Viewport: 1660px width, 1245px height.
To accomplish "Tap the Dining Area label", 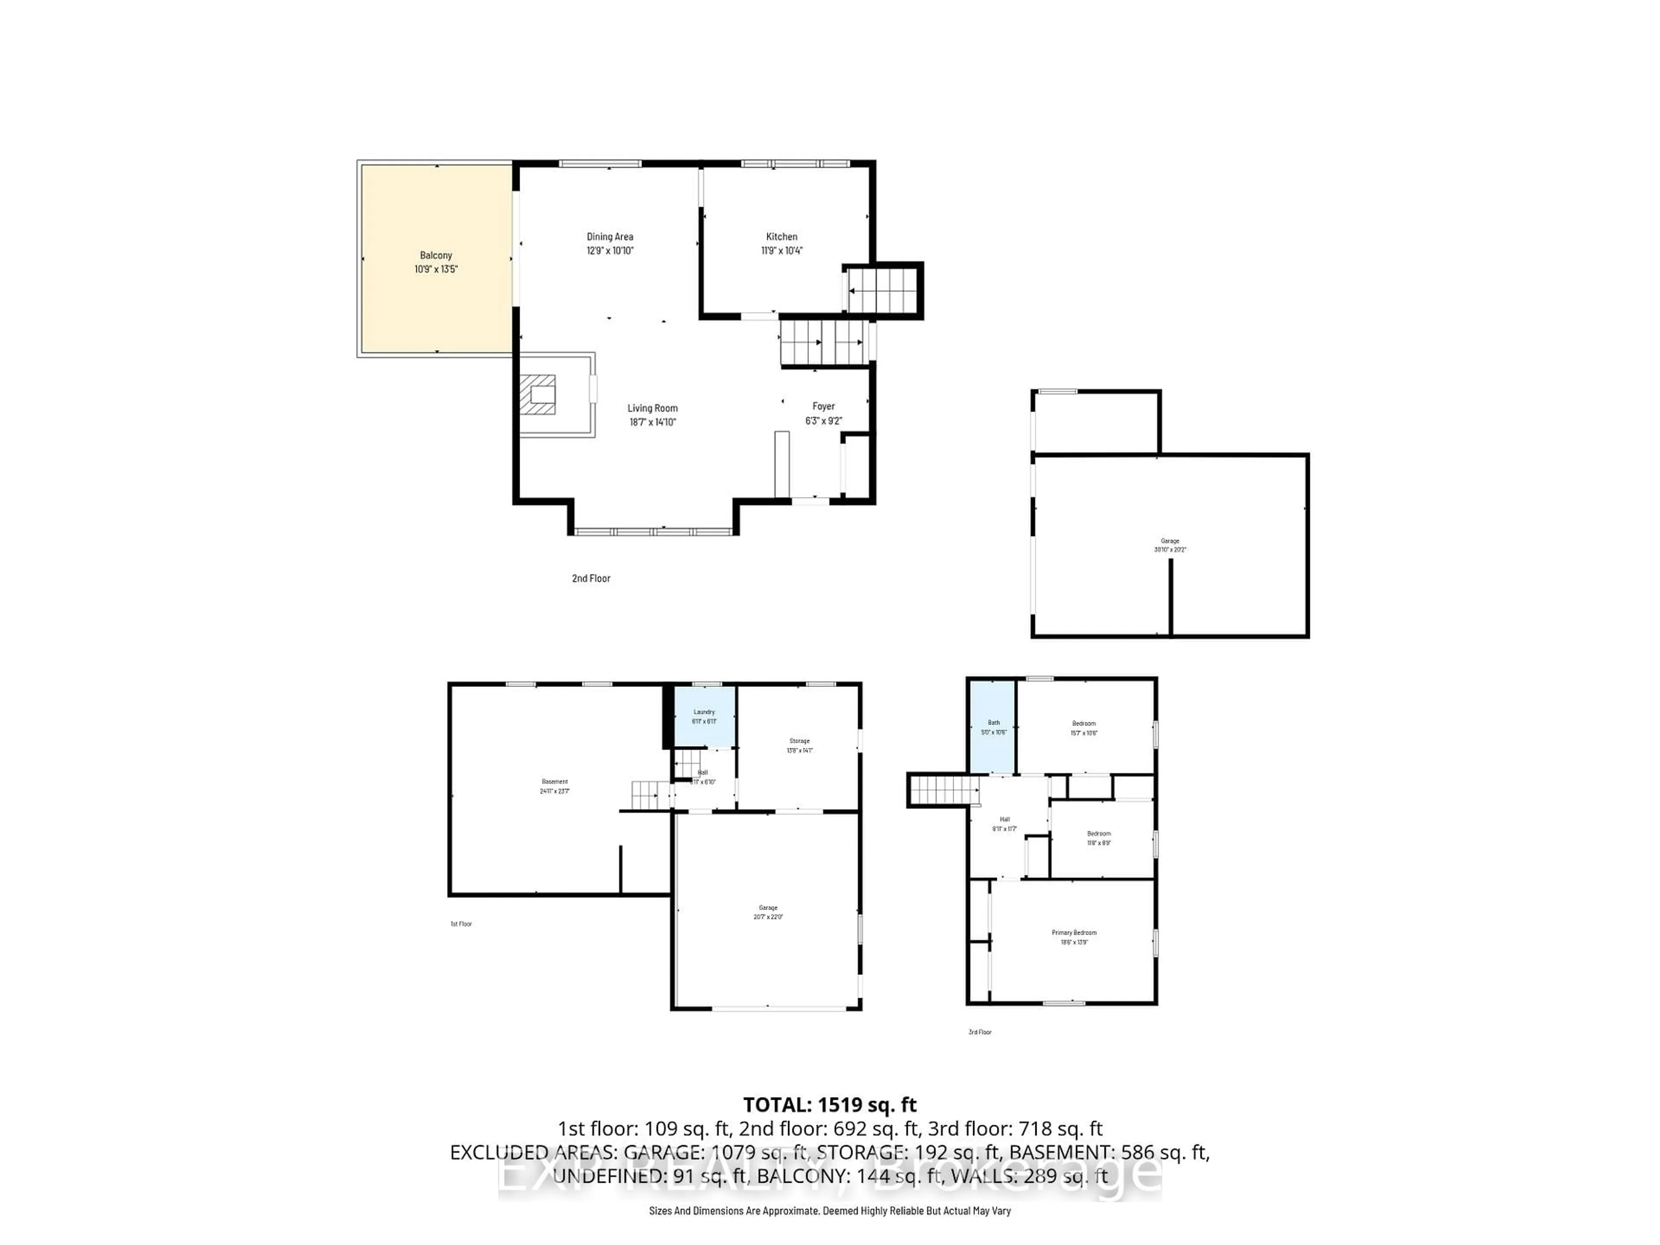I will pyautogui.click(x=610, y=236).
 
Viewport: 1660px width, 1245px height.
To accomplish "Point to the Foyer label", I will pyautogui.click(x=823, y=406).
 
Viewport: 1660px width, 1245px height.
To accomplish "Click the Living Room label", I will pyautogui.click(x=652, y=408).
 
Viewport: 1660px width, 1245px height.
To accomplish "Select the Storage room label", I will pyautogui.click(x=799, y=741).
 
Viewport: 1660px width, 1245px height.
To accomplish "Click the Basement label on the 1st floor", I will pyautogui.click(x=555, y=781).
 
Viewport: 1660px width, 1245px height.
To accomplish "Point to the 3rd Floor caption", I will pyautogui.click(x=979, y=1032).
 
